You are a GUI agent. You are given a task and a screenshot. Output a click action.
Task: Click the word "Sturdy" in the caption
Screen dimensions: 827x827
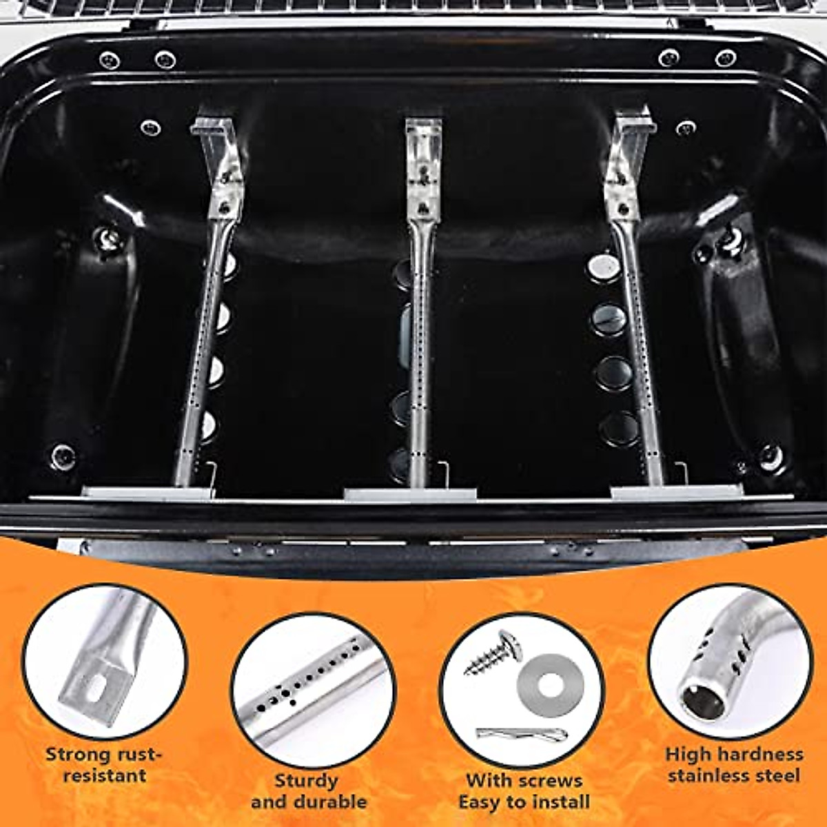tap(306, 781)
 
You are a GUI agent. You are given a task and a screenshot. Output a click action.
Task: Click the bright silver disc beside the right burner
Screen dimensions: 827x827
tap(603, 266)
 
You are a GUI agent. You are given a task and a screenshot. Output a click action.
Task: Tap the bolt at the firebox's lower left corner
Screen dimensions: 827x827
tap(63, 456)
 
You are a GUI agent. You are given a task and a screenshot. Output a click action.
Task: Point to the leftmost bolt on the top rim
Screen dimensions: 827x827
tap(110, 60)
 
